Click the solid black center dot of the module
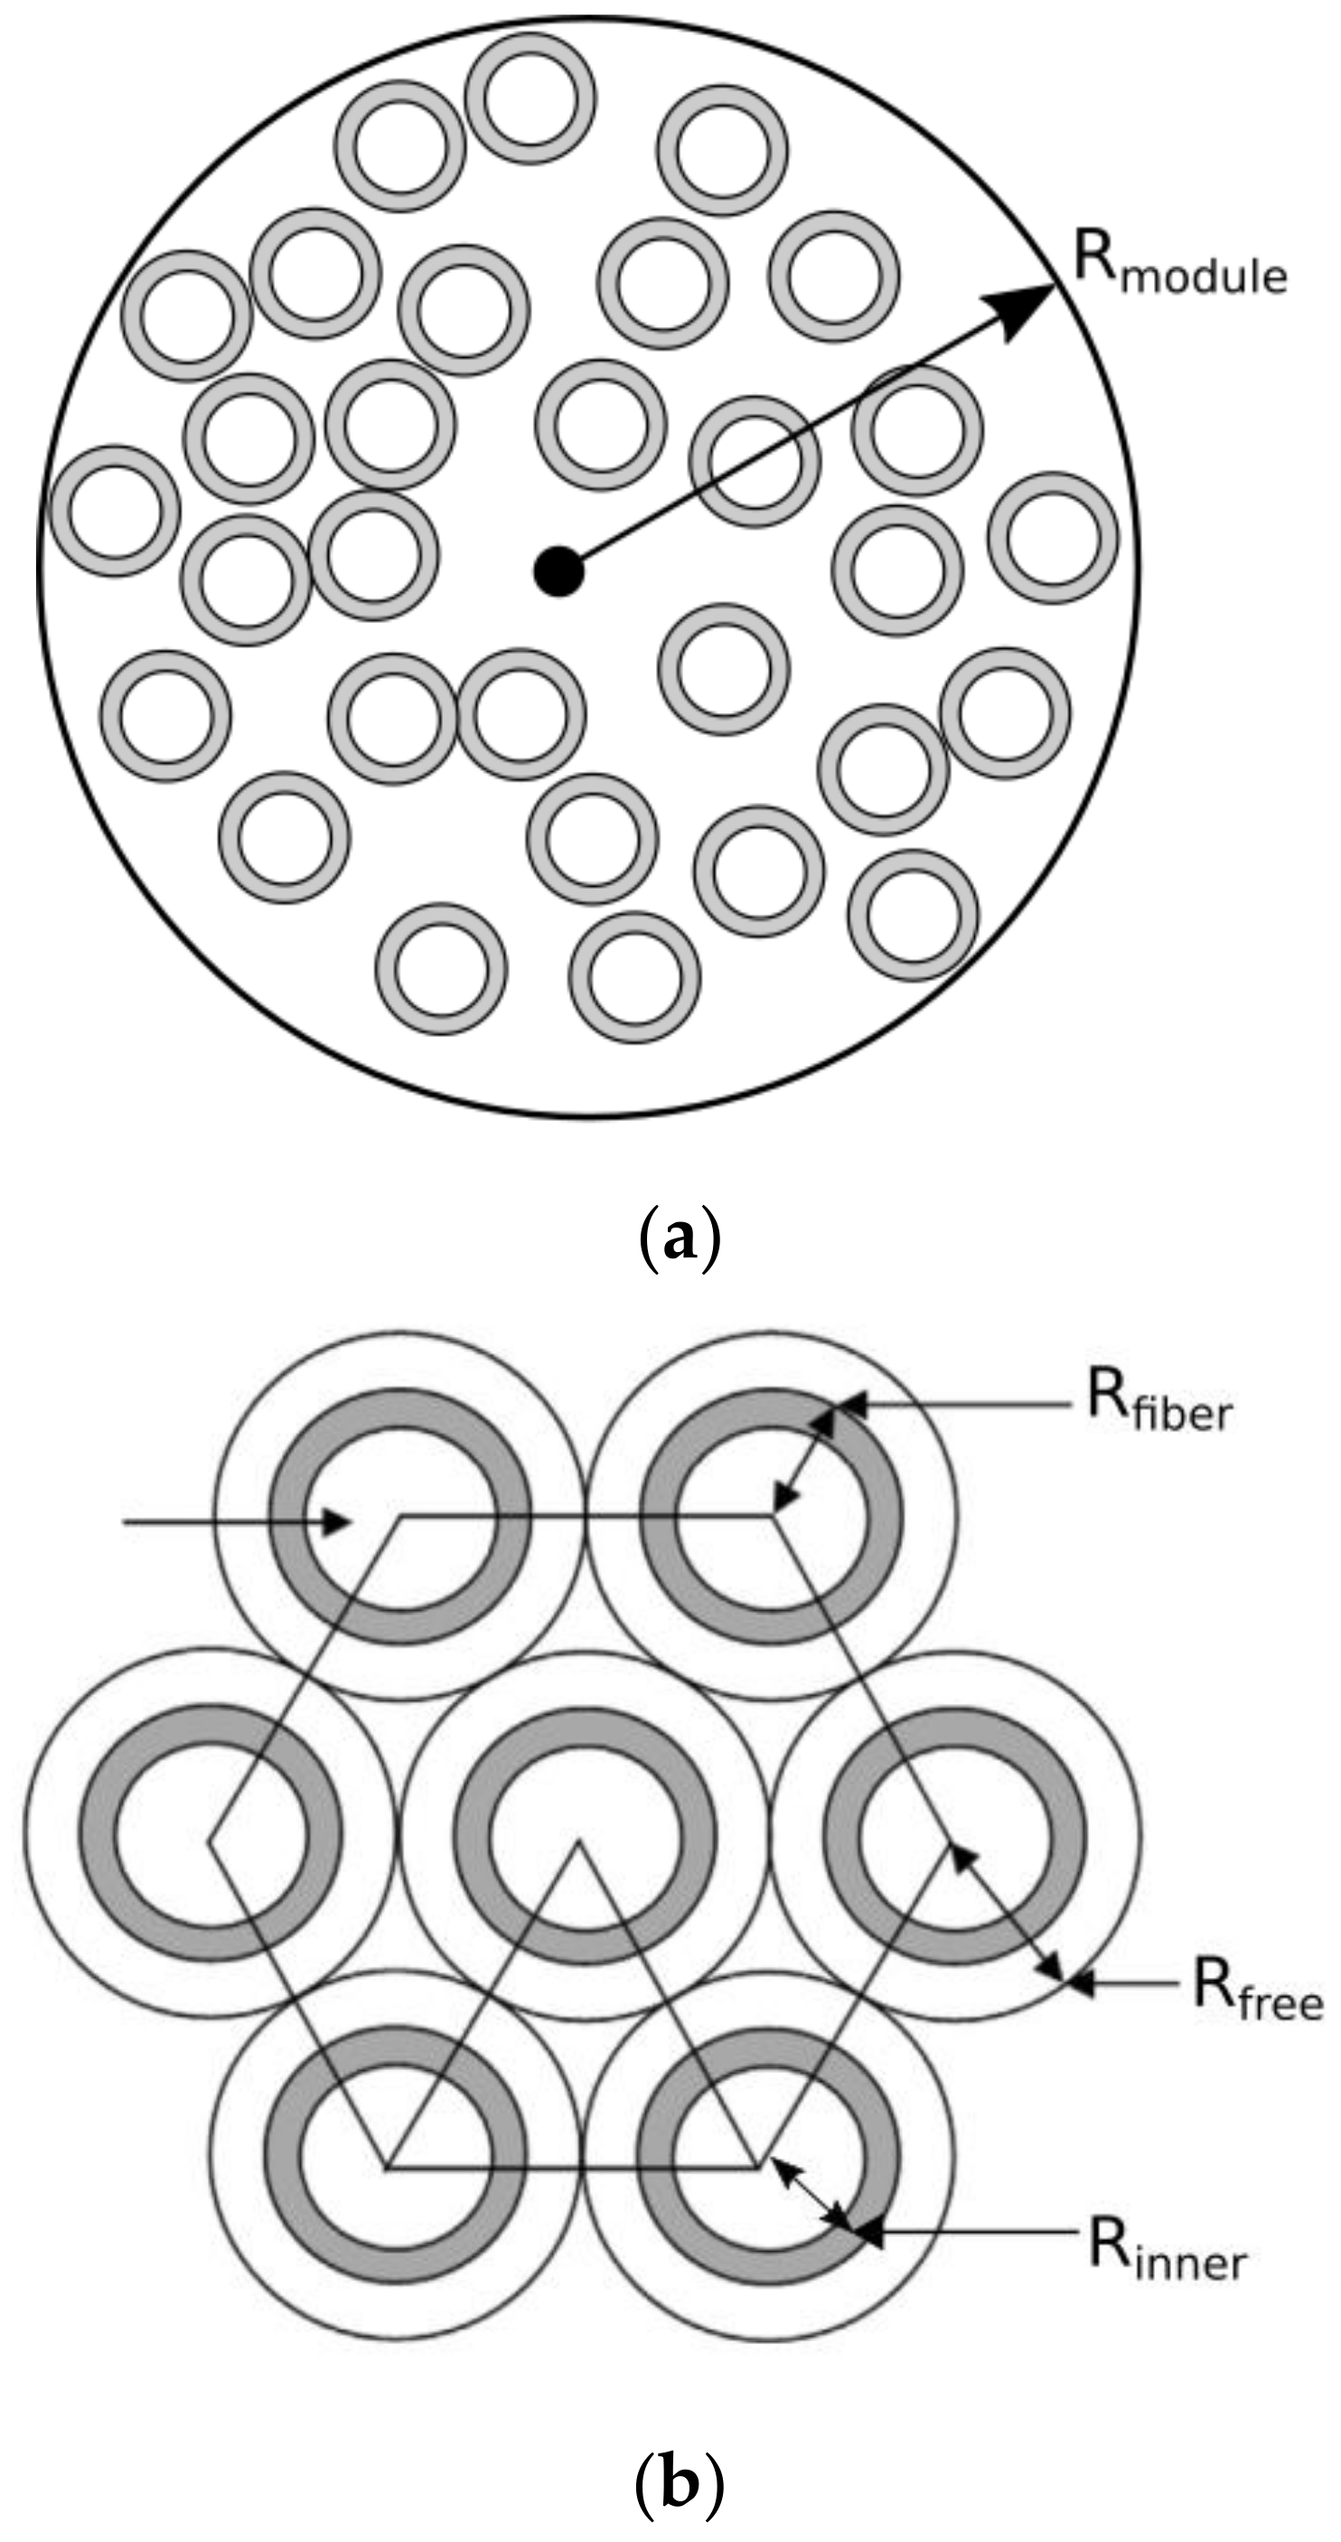[x=558, y=571]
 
